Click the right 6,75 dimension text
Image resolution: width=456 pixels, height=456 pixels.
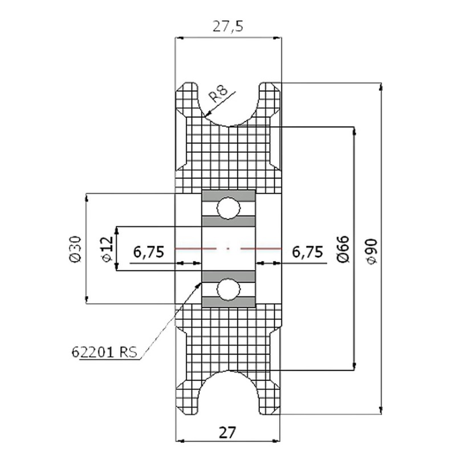point(307,251)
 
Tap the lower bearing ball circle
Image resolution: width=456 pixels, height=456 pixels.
point(228,290)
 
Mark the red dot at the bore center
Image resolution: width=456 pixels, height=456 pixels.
point(228,249)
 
